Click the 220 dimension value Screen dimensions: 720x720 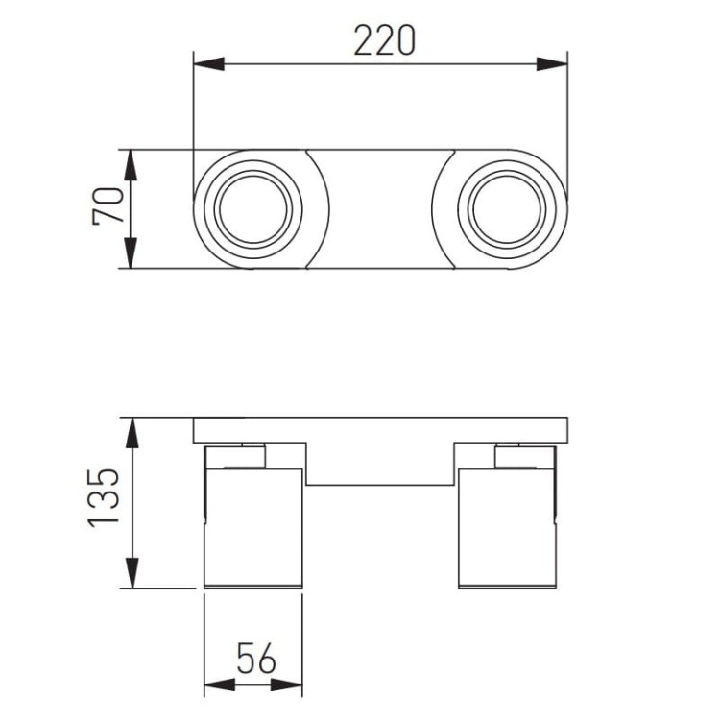point(385,40)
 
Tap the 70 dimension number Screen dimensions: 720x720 point(108,205)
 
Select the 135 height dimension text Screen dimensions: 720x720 point(104,497)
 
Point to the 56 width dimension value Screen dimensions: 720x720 point(256,658)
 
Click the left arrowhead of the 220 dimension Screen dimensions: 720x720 point(209,63)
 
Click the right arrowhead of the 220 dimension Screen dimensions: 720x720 point(552,63)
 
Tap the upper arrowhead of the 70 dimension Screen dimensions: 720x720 point(131,165)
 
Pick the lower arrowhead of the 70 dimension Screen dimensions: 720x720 point(131,253)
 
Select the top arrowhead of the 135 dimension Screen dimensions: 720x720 point(132,433)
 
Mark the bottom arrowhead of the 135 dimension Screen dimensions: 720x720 point(132,572)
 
